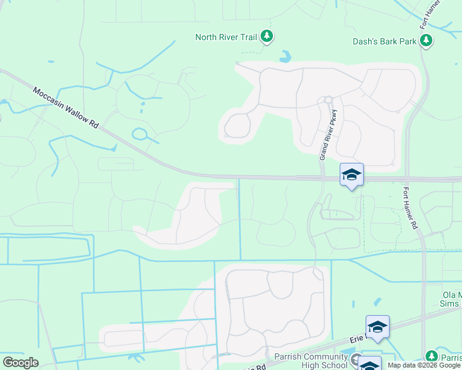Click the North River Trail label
(225, 37)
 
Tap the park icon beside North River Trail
(266, 37)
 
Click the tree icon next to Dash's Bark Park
(426, 41)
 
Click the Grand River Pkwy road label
(329, 135)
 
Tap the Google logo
(20, 363)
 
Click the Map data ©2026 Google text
(424, 365)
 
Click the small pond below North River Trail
(285, 57)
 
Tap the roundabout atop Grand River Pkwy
(329, 100)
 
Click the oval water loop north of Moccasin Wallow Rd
(140, 133)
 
